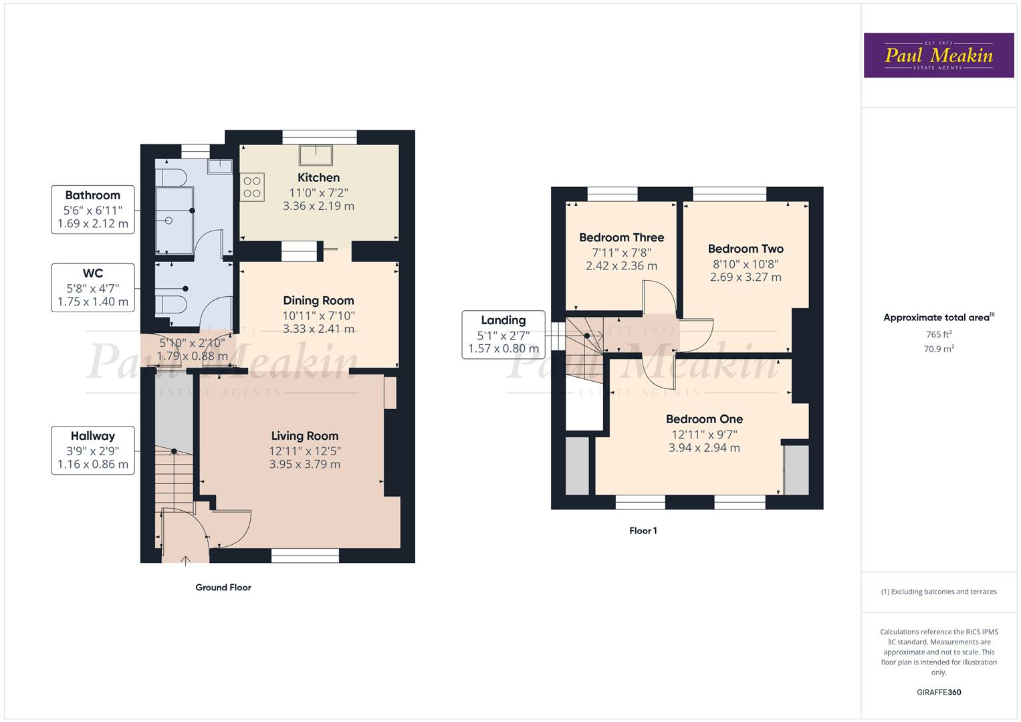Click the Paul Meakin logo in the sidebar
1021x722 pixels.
coord(938,55)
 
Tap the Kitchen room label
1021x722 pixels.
coord(318,178)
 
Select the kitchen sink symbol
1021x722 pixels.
coord(316,154)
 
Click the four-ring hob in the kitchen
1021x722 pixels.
coord(252,187)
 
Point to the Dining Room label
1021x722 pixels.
coord(318,301)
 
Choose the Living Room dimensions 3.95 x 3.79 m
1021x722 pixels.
coord(304,464)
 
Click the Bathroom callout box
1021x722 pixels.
coord(93,209)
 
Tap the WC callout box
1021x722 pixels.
coord(93,287)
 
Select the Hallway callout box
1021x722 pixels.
coord(93,450)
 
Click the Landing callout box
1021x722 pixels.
coord(503,334)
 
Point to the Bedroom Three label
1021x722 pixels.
coord(621,237)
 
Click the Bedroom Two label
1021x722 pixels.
coord(746,249)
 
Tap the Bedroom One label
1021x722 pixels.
coord(704,419)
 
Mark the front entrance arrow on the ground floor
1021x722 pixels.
coord(185,560)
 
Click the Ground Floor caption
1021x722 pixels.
coord(223,588)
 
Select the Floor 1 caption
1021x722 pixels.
coord(643,531)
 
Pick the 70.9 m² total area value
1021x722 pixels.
coord(938,348)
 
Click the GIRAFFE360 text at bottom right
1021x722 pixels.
coord(938,692)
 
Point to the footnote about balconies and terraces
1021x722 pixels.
coord(938,592)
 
